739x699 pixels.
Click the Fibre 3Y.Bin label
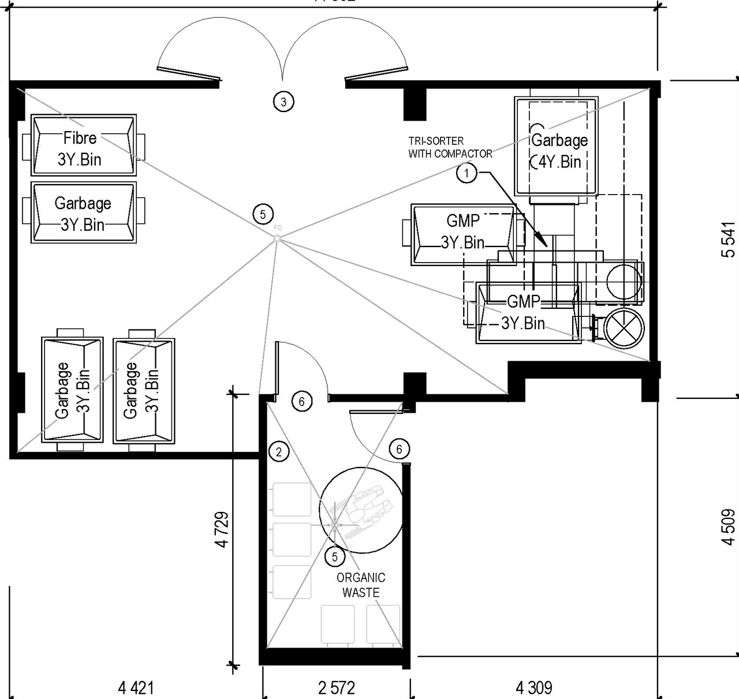(80, 148)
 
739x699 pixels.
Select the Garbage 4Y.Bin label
(559, 151)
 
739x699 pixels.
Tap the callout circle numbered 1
(467, 173)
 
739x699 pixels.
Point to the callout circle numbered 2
(279, 451)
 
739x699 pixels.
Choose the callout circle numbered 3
(283, 102)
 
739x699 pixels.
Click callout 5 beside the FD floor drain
(263, 215)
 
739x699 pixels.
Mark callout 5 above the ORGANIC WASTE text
(335, 557)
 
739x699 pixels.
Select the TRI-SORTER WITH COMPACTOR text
(450, 147)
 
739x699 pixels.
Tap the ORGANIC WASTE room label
(361, 585)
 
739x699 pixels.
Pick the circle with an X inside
(624, 328)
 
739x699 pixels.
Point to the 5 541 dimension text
(729, 240)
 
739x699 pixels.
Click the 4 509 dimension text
(729, 526)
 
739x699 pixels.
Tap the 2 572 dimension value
(337, 687)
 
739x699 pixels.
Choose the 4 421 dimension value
(136, 687)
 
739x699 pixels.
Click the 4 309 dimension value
(533, 687)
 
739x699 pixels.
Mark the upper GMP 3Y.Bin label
(463, 231)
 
